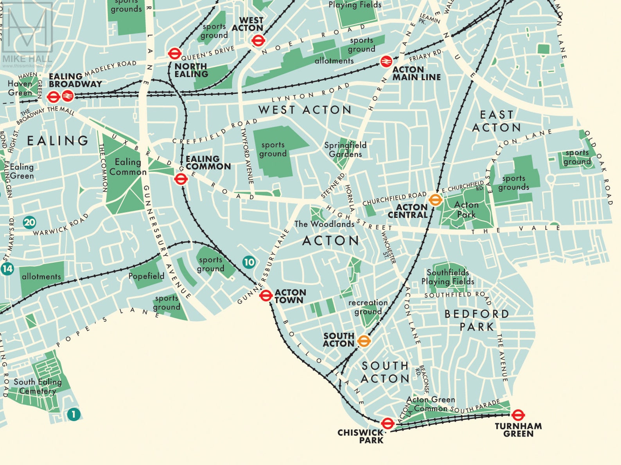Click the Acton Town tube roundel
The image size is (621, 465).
[x=266, y=296]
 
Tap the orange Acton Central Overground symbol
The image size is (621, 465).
[x=435, y=200]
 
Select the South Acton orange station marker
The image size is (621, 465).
[x=364, y=341]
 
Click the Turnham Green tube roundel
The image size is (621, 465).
[x=518, y=415]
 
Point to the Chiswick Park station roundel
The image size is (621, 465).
[x=387, y=423]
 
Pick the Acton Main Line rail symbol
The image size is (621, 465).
[x=386, y=61]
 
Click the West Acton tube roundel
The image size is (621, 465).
[x=258, y=40]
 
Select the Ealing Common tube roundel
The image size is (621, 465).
[x=180, y=179]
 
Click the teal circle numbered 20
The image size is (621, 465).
[x=29, y=223]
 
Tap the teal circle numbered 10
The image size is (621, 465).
[x=249, y=262]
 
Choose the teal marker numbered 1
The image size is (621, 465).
[x=74, y=414]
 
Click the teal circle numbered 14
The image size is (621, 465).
[x=7, y=269]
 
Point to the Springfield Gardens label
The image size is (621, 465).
[x=345, y=150]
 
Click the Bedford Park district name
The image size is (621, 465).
[x=477, y=320]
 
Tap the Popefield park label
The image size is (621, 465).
[x=146, y=276]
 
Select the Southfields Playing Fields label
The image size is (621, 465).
[x=448, y=277]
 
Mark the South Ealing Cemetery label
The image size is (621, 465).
[x=38, y=386]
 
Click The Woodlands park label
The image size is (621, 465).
[x=324, y=224]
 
